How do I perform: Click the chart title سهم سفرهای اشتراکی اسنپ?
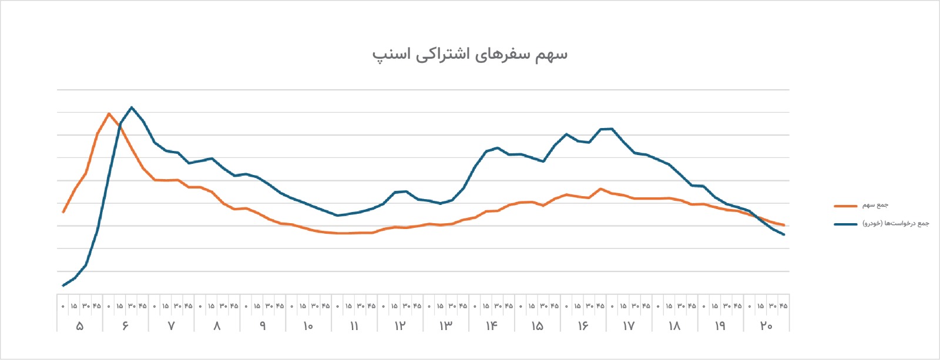tap(470, 55)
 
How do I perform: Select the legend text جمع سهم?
tap(875, 205)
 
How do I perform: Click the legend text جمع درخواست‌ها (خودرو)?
tap(895, 224)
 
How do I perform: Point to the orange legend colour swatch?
tap(845, 206)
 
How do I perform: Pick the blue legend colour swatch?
tap(845, 224)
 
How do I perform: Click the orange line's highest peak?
tap(109, 113)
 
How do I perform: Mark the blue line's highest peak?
tap(132, 107)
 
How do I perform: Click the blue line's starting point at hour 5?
tap(63, 286)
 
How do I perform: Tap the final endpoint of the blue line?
tap(784, 234)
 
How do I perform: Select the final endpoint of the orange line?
tap(784, 226)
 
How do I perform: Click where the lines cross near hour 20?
tap(757, 217)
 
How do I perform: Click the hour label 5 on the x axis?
tap(80, 326)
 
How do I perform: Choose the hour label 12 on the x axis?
tap(400, 326)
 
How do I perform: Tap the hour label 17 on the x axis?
tap(629, 326)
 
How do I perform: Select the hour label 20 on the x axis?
tap(766, 326)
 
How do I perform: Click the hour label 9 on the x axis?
tap(263, 326)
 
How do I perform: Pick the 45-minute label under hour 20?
tap(784, 306)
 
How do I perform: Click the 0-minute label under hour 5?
tap(63, 307)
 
